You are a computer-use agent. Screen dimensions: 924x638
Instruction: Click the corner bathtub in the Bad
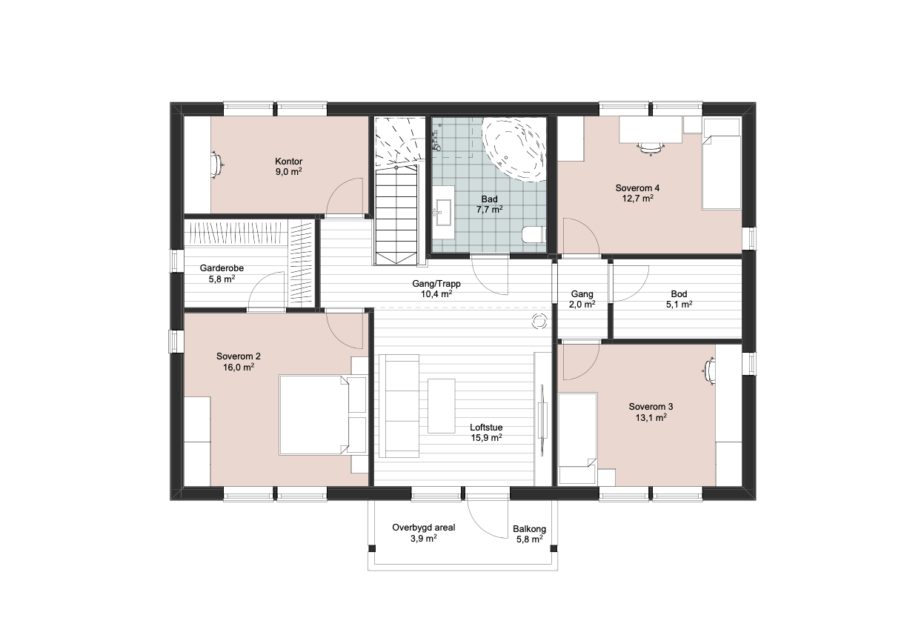click(514, 149)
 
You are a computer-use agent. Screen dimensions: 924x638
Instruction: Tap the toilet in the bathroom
click(534, 235)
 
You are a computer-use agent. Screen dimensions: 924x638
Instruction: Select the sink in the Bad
click(443, 213)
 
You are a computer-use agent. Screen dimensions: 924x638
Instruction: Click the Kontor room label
click(289, 162)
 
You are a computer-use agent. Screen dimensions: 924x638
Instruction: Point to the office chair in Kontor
click(216, 165)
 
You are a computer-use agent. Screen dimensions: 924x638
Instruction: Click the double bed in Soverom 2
click(314, 415)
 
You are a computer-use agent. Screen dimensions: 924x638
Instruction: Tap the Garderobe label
click(222, 268)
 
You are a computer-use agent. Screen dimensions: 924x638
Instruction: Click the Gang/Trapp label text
click(436, 284)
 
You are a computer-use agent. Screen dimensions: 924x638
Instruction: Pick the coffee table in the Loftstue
click(442, 406)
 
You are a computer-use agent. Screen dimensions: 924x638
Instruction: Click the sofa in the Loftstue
click(399, 406)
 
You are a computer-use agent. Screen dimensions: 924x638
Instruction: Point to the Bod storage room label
click(679, 294)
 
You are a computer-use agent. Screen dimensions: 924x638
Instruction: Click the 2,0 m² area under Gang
click(582, 305)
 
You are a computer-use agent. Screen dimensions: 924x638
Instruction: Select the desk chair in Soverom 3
click(709, 371)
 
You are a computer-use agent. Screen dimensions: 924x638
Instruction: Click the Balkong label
click(530, 529)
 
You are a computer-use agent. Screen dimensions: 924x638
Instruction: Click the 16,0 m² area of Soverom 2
click(239, 367)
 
